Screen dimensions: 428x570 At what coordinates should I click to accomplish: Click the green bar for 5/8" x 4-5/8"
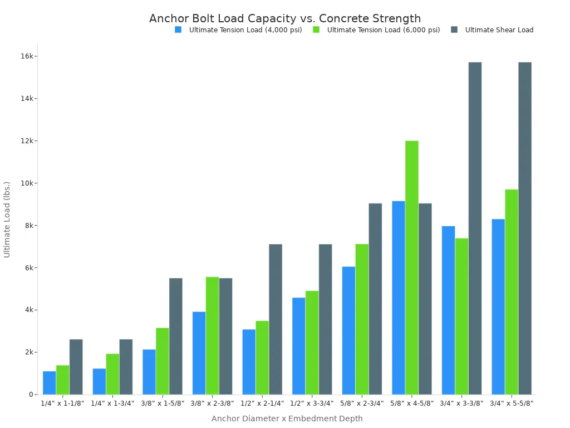[412, 267]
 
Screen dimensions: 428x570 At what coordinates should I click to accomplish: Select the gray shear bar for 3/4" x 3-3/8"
[475, 228]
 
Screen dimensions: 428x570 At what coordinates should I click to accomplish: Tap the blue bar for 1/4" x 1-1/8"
[50, 383]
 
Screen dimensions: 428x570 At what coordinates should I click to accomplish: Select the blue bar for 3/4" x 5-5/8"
[498, 307]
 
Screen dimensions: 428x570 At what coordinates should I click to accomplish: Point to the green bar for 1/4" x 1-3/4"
[112, 374]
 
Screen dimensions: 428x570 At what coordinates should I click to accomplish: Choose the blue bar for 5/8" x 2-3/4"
[348, 330]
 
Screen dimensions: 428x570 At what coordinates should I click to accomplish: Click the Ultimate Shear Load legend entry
[499, 30]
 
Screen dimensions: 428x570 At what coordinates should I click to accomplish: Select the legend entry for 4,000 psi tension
[245, 30]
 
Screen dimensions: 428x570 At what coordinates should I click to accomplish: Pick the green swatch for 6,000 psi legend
[316, 30]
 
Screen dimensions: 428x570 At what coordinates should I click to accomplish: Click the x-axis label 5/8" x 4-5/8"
[412, 403]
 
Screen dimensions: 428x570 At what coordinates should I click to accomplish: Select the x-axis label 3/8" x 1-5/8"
[163, 403]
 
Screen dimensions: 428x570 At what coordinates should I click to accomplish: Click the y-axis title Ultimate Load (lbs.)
[7, 219]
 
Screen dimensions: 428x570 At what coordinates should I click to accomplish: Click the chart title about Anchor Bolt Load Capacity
[285, 18]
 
